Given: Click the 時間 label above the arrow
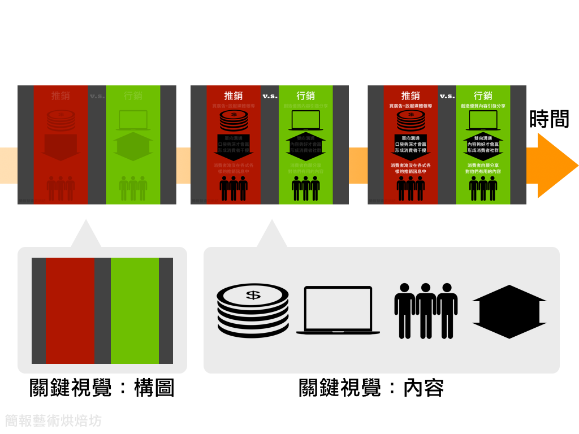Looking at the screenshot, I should (548, 119).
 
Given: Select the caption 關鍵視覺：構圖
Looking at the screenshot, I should (102, 388).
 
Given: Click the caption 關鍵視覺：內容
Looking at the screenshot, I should (371, 388).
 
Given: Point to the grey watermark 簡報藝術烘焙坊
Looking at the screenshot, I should (53, 420).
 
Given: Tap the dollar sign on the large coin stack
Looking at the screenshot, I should (253, 294).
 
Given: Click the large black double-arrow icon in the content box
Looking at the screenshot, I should (509, 311).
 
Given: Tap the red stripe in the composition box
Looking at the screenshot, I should (70, 310).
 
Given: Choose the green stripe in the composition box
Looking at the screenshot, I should (135, 310).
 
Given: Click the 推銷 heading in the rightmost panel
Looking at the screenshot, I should (411, 96).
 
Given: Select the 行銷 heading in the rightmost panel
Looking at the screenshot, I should (483, 96).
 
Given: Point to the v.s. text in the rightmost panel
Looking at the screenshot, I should (447, 96).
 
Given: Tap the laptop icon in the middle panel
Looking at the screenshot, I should (306, 120).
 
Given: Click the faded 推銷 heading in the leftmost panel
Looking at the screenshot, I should (61, 96).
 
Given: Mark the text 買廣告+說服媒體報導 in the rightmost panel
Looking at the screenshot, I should (411, 106).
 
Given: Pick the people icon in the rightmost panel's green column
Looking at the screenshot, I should (483, 188).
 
